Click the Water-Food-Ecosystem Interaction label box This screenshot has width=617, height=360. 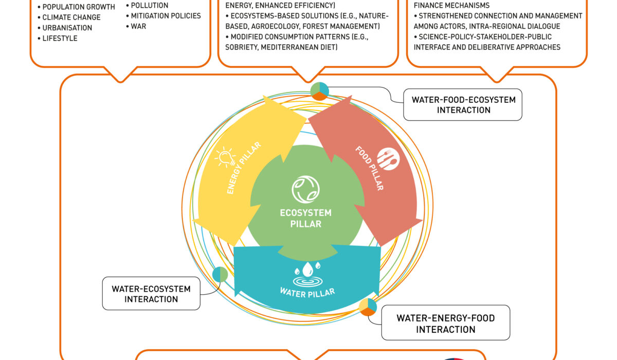463,104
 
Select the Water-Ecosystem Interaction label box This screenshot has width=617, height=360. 151,294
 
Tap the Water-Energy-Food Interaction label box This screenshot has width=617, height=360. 445,323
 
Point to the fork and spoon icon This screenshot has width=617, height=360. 386,159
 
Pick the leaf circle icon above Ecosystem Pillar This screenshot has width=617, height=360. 305,189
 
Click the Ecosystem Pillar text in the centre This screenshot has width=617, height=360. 305,218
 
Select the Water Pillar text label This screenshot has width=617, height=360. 307,292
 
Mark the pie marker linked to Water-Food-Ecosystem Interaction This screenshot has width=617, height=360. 319,91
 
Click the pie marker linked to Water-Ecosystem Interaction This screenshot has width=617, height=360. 220,274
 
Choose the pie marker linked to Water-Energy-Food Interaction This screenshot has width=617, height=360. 368,307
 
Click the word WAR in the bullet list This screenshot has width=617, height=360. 139,25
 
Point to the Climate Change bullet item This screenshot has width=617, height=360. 71,17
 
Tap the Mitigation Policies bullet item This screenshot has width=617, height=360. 166,15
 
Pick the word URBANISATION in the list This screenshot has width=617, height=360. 67,28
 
